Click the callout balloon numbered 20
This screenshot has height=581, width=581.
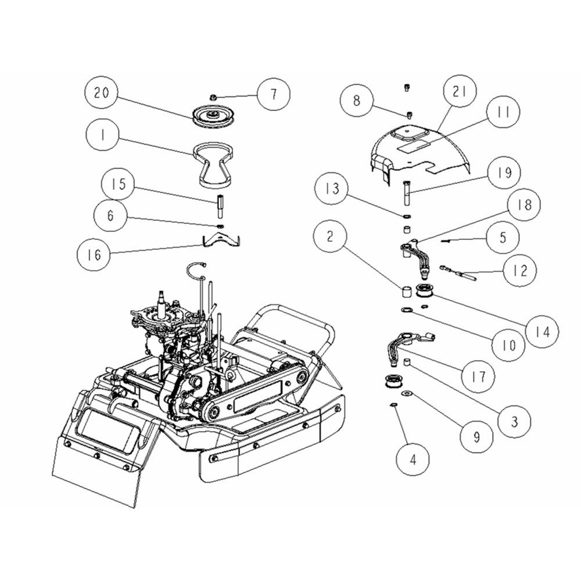(x=102, y=92)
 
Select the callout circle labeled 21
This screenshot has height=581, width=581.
(x=460, y=91)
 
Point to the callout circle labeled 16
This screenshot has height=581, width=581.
(x=94, y=254)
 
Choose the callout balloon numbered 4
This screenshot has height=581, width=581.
(x=413, y=460)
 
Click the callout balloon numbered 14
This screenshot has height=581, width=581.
(x=543, y=332)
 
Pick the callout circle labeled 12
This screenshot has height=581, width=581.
(x=520, y=270)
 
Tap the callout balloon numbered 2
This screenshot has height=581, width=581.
(x=330, y=236)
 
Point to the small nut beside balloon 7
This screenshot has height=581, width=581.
(x=213, y=98)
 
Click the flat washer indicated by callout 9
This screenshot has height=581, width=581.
(x=408, y=392)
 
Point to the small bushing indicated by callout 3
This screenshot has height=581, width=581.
(x=407, y=361)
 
